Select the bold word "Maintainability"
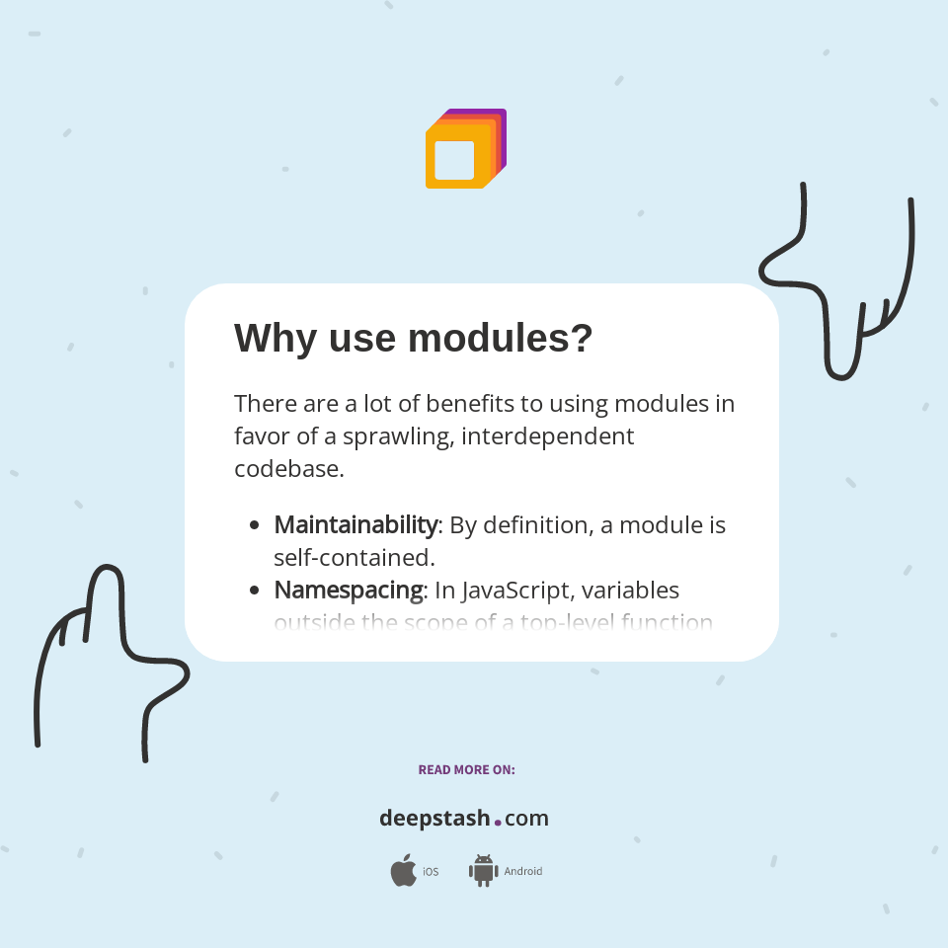355,524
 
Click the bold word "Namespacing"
349,590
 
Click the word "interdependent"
548,435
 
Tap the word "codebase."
289,468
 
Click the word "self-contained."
355,557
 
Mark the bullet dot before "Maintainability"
255,525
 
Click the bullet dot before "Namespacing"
255,591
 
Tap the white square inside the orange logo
454,160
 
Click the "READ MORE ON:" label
466,770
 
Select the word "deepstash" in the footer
434,819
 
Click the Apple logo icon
403,871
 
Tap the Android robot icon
483,871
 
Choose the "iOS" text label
431,872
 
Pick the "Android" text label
523,872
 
